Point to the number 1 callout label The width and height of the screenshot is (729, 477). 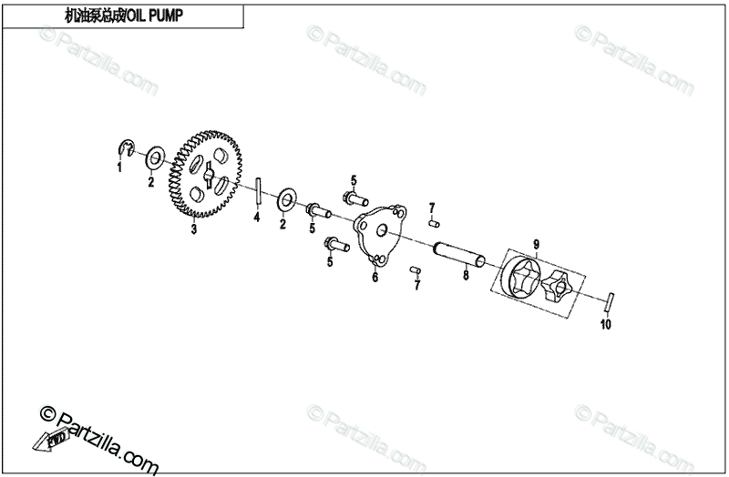coord(118,167)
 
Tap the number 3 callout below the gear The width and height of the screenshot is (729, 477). coord(193,231)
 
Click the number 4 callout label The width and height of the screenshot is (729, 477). coord(257,218)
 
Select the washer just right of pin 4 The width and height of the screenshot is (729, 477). coord(284,198)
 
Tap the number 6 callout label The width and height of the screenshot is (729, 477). coord(374,279)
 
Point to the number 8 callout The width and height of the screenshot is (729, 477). coord(466,274)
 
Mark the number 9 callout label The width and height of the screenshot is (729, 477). coord(537,244)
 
